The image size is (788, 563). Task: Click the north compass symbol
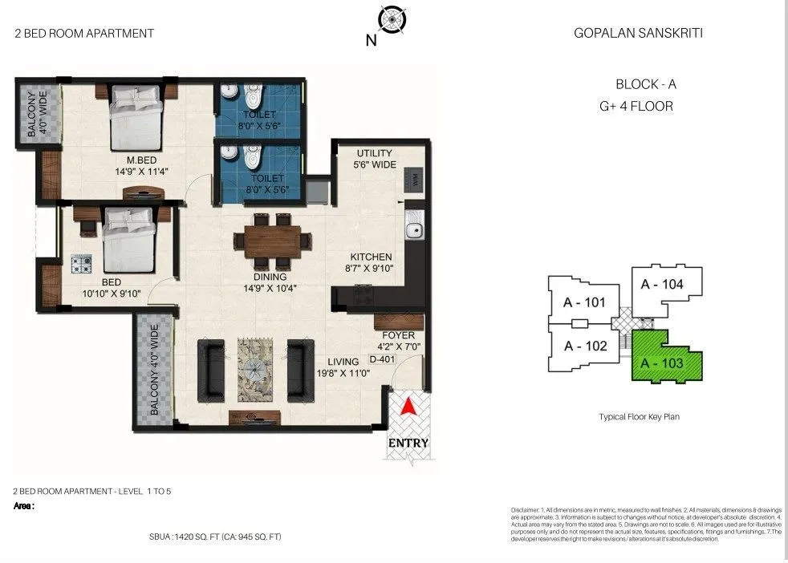392,19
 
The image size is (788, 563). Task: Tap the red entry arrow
408,407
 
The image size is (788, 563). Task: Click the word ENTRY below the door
408,443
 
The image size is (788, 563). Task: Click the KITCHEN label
370,257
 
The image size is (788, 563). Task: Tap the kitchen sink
415,229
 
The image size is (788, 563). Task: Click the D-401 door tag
383,360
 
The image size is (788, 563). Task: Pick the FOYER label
397,334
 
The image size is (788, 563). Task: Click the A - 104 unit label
662,283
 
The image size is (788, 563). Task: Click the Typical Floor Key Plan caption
639,417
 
